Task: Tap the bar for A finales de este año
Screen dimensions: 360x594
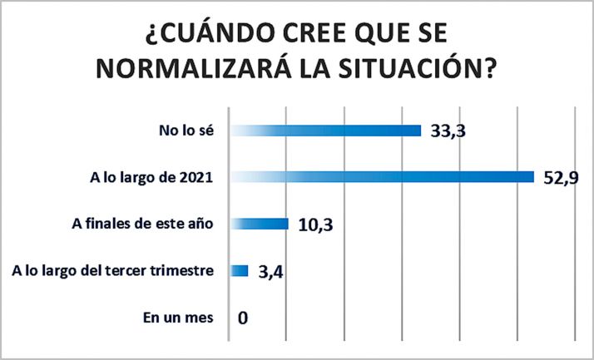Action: [x=259, y=223]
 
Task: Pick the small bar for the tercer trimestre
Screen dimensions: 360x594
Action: [x=240, y=270]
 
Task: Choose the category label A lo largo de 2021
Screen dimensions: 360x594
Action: [x=152, y=176]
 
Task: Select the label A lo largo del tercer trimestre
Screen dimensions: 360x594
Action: [x=115, y=270]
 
